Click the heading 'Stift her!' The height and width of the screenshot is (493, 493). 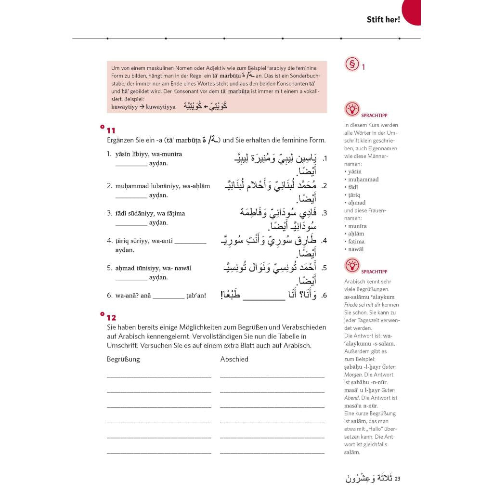[383, 20]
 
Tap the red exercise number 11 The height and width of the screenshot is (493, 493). [111, 130]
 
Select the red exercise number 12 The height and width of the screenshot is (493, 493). [111, 318]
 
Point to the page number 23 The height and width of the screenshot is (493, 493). [397, 479]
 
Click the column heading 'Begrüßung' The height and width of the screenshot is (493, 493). [123, 359]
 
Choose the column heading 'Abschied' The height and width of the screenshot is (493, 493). [234, 359]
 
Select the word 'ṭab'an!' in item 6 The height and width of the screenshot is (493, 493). [196, 296]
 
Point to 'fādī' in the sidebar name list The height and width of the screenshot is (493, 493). [351, 187]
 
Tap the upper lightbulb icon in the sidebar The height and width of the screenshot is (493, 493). [352, 109]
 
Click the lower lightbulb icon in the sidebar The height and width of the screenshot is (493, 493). [352, 265]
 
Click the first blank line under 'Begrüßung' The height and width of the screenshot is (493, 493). [159, 376]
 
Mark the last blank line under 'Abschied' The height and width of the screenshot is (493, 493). [272, 453]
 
